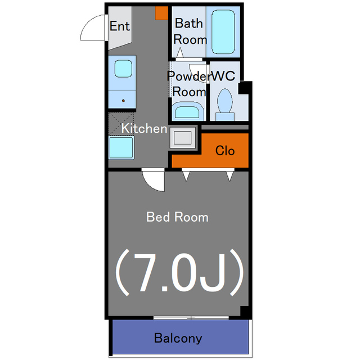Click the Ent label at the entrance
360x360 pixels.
pos(120,26)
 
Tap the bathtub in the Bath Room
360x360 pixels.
pos(223,31)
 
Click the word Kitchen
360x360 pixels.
pos(144,128)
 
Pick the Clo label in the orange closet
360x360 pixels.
pos(225,151)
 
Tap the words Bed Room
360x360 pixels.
pos(177,217)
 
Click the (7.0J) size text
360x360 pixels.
pos(179,272)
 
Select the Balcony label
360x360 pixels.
pos(178,338)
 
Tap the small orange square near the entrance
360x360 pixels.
pos(161,13)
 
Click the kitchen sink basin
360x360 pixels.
pos(123,69)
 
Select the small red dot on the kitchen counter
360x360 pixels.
pos(123,101)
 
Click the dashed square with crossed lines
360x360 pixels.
pos(121,124)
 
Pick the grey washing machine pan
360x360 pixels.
pos(183,138)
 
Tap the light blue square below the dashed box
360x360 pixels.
pos(121,147)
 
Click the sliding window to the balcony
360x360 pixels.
pos(191,318)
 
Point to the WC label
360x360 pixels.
pos(223,76)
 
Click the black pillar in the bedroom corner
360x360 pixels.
pos(245,312)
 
